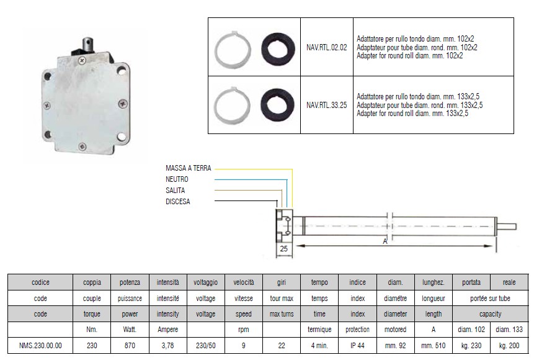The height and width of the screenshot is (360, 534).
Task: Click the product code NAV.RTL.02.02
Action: (x=327, y=47)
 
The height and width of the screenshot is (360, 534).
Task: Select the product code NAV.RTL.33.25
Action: (x=327, y=105)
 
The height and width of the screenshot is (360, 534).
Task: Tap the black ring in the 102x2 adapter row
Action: (x=278, y=49)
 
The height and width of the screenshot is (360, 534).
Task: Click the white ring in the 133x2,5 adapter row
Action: (x=232, y=106)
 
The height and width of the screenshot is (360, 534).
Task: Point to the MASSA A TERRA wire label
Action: (x=189, y=168)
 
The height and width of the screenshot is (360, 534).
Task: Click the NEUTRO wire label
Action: (x=177, y=179)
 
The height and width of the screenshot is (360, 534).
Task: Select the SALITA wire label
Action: (x=175, y=190)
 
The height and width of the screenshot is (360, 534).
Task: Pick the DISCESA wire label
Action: (x=178, y=202)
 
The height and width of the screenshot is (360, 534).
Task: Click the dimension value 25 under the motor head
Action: (x=283, y=248)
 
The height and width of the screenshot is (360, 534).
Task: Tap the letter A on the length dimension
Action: (x=385, y=241)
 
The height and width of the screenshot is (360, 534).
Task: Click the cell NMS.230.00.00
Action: (x=40, y=346)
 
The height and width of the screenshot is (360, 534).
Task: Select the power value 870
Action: (x=130, y=346)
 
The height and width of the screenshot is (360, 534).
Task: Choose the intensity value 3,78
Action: (x=167, y=346)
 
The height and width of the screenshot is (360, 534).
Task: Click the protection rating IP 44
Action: (x=357, y=346)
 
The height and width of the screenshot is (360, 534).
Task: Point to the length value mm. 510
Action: (x=433, y=346)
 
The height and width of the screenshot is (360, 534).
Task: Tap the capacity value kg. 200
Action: (x=509, y=346)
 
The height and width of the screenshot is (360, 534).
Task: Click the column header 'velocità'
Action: (x=244, y=282)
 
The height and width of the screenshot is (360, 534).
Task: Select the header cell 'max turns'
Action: (x=282, y=314)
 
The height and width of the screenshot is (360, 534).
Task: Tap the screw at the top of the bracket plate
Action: (x=82, y=61)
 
